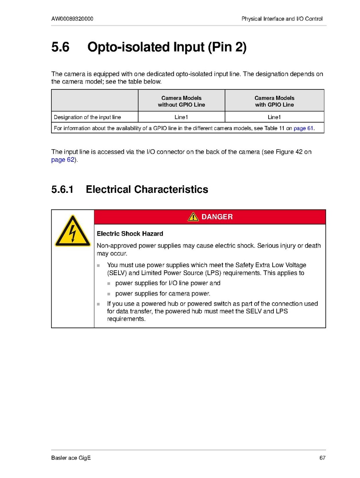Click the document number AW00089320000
point(72,19)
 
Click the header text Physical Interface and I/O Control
point(282,19)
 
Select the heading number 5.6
point(60,48)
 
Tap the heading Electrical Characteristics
point(147,189)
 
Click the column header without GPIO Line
point(182,101)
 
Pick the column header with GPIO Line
point(275,101)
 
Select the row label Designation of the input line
point(87,117)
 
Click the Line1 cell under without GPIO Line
point(181,117)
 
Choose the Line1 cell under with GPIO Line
point(275,117)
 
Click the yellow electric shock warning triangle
point(73,231)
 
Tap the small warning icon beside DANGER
point(193,217)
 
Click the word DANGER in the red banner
point(217,217)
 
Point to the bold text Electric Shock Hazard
point(130,234)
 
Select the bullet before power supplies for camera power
point(109,294)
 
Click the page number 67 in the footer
point(322,458)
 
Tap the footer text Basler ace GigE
point(71,458)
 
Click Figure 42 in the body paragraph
point(291,152)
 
